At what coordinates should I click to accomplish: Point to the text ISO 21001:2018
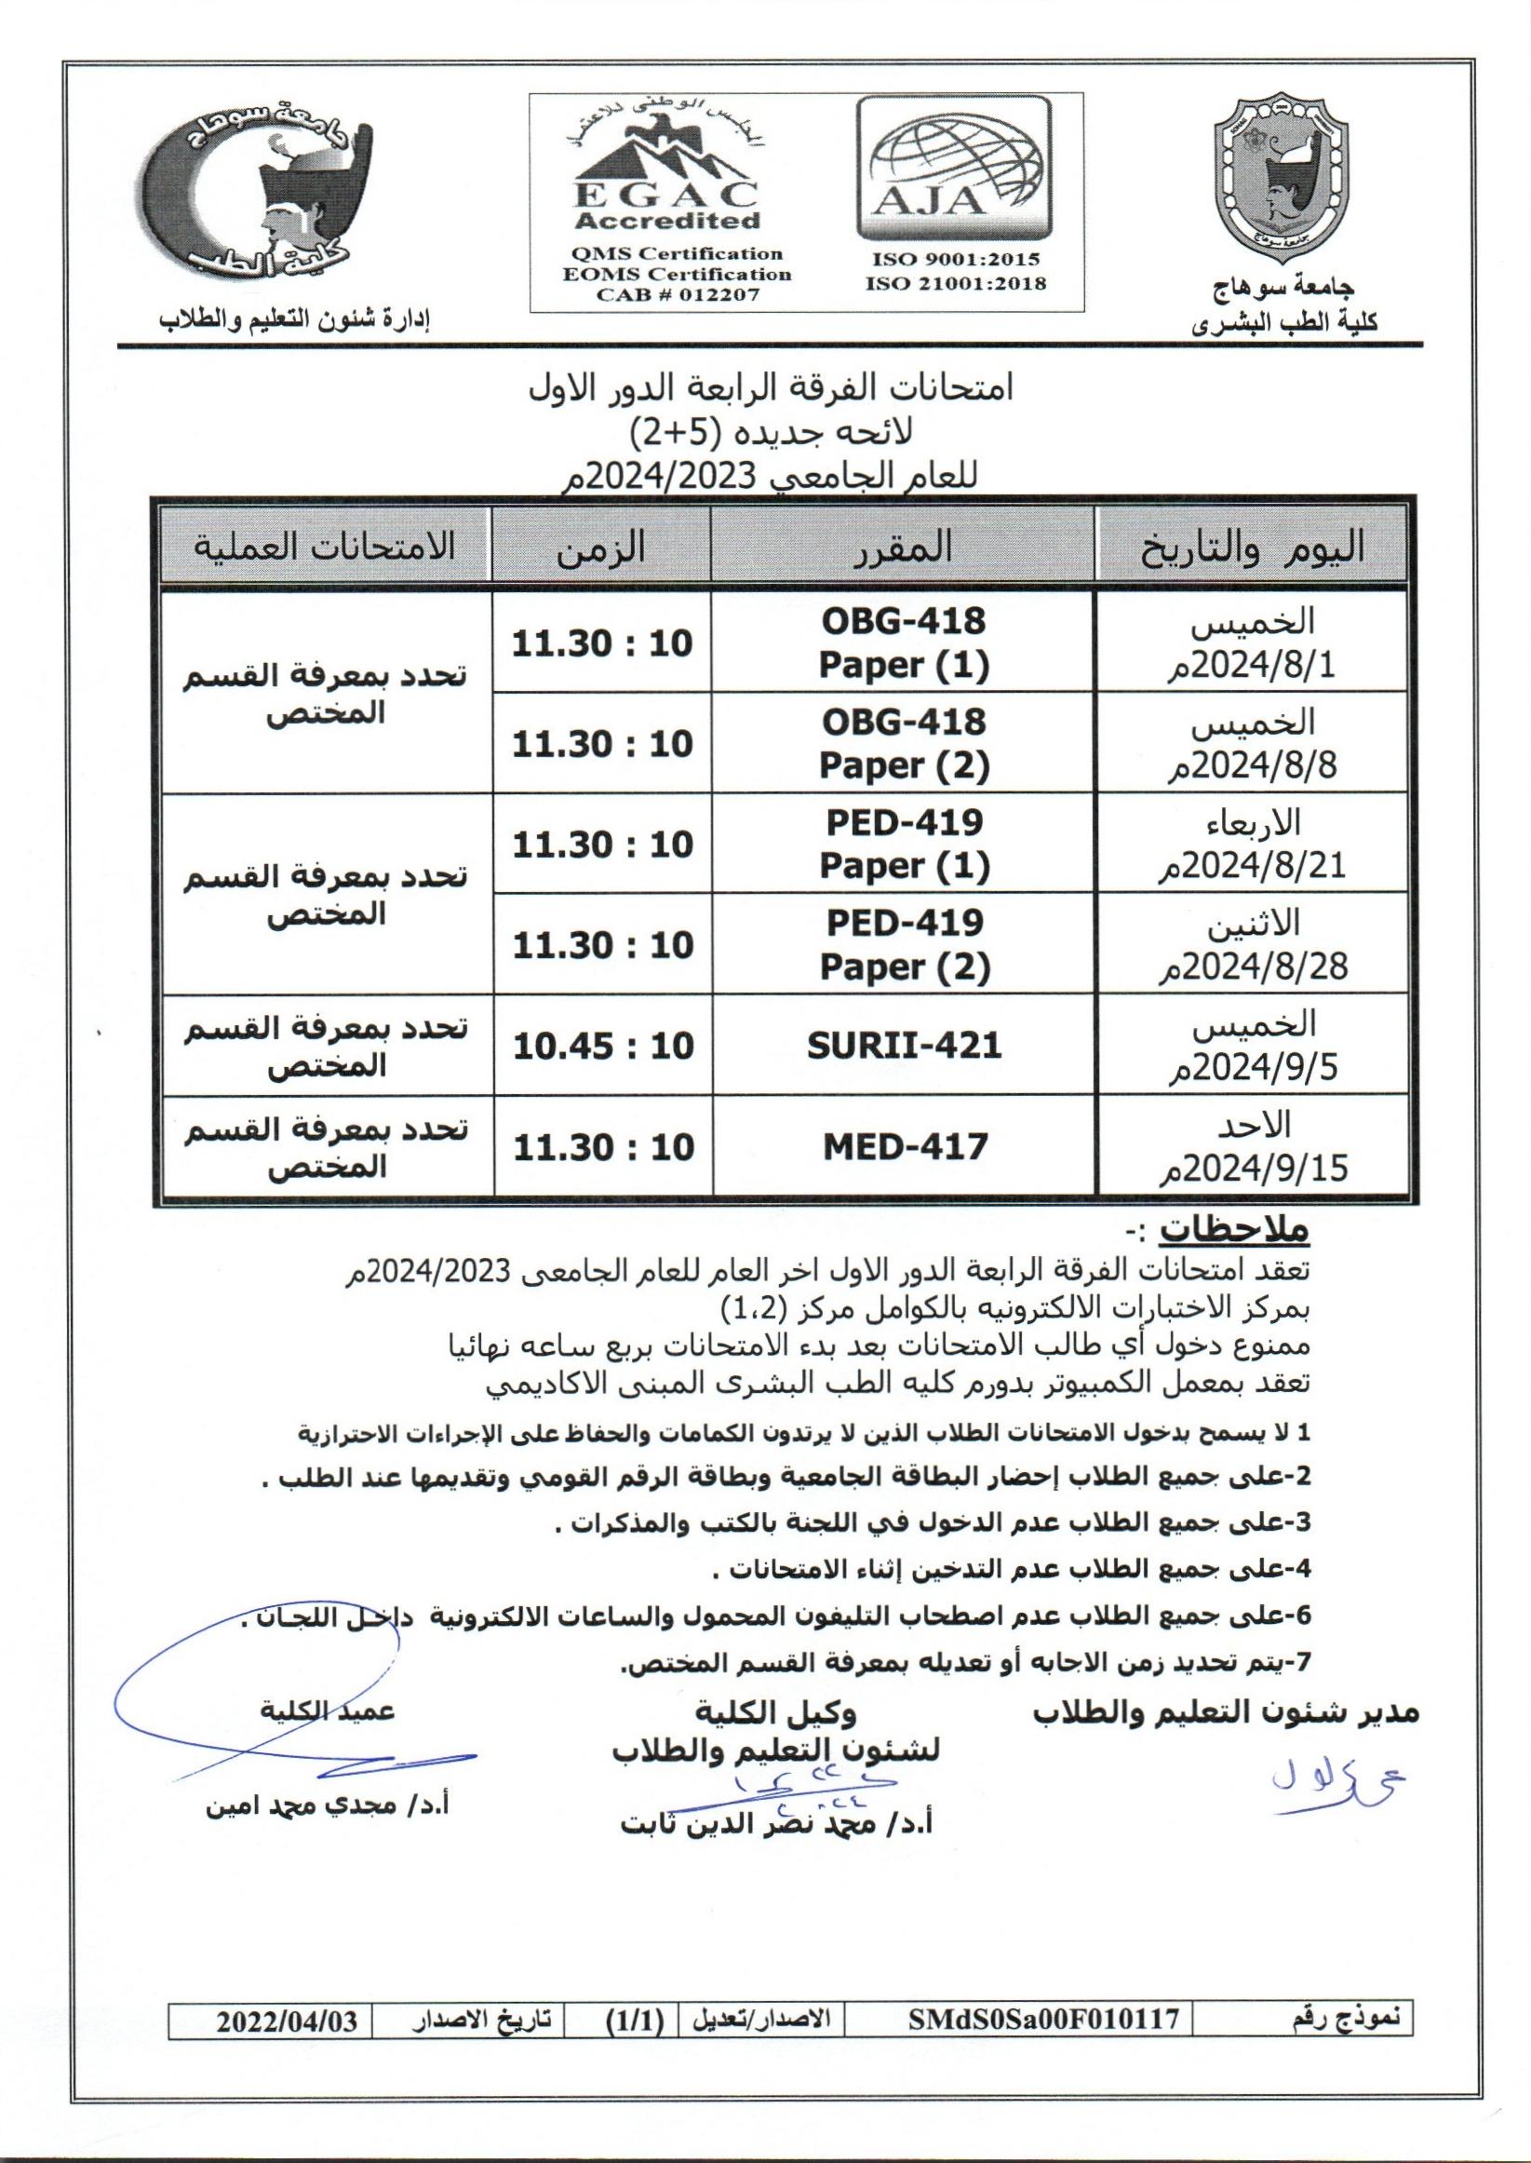pyautogui.click(x=956, y=283)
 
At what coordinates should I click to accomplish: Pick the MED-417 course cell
pyautogui.click(x=904, y=1146)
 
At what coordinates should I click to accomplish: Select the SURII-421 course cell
pyautogui.click(x=904, y=1046)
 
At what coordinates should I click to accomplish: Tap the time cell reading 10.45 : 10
pyautogui.click(x=602, y=1046)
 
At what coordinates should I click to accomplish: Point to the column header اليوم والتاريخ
pyautogui.click(x=1254, y=547)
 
